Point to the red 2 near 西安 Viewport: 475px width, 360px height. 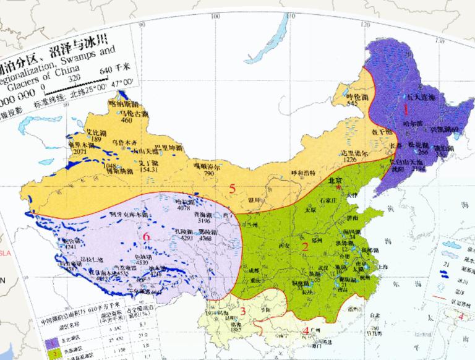click(305, 247)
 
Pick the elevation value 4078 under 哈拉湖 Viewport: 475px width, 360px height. click(184, 208)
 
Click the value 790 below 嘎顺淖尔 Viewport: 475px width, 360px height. click(208, 175)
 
